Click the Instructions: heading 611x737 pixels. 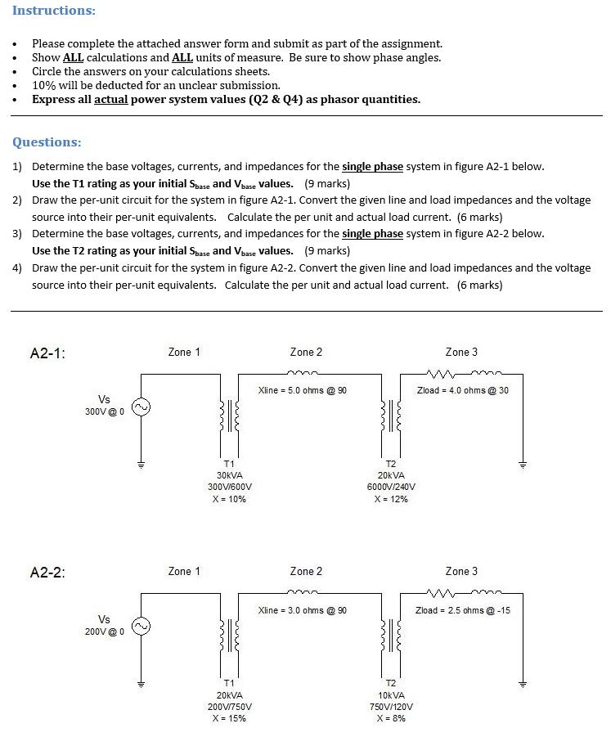click(53, 11)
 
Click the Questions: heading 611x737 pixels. click(47, 142)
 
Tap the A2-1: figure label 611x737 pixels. click(47, 354)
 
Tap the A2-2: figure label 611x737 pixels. click(47, 573)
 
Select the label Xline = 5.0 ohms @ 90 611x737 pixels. click(302, 390)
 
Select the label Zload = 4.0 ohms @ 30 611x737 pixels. click(462, 390)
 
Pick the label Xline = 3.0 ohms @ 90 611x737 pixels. click(302, 610)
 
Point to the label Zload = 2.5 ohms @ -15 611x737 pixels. click(463, 610)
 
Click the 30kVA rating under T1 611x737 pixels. click(229, 475)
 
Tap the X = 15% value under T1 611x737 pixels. click(229, 718)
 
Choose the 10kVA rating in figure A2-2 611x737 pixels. click(391, 694)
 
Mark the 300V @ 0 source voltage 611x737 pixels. click(104, 411)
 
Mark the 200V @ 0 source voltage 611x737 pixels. click(104, 631)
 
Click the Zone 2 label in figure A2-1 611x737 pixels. click(306, 352)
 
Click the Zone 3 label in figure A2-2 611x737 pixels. click(461, 571)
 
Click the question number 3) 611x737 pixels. click(17, 233)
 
